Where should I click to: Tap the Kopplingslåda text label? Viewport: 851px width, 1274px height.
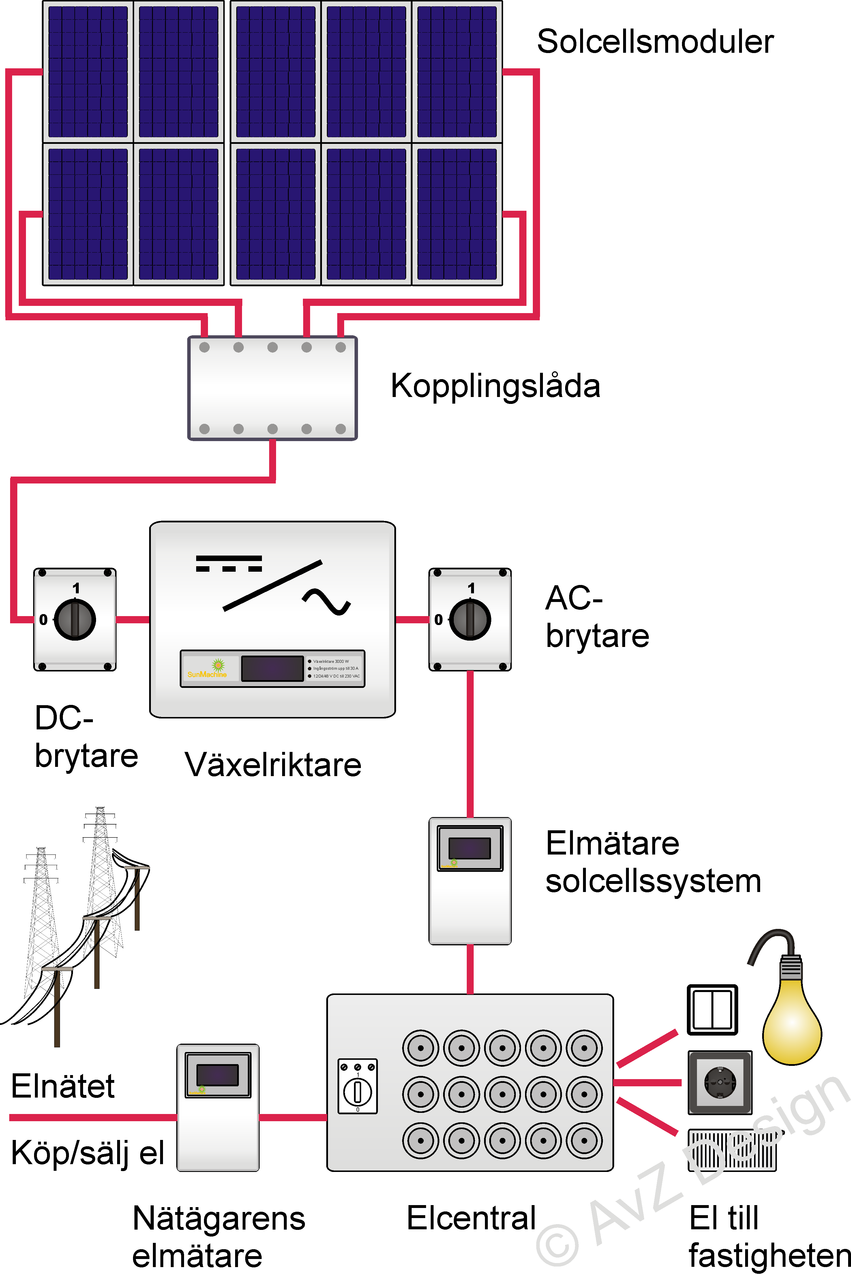point(495,386)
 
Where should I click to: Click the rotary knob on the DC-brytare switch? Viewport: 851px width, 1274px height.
point(75,619)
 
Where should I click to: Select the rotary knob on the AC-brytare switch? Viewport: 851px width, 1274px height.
point(470,619)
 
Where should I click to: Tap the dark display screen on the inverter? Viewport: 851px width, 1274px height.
point(272,668)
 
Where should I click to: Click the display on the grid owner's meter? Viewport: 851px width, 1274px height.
point(217,1074)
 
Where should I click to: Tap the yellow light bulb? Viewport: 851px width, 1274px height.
point(791,1014)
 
